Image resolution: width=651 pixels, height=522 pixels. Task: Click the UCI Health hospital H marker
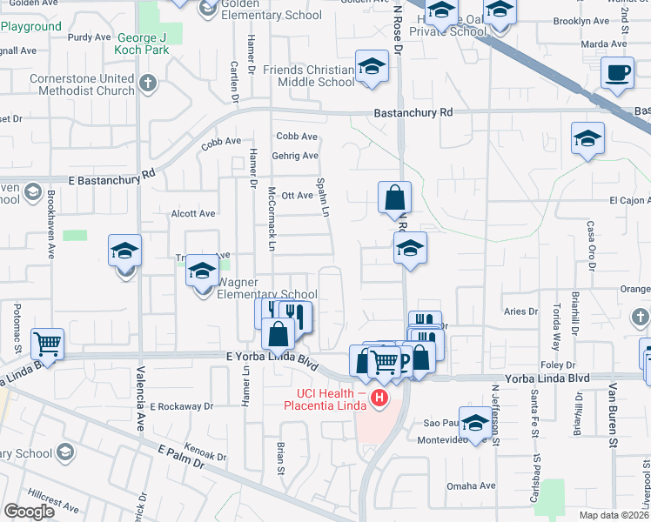click(379, 399)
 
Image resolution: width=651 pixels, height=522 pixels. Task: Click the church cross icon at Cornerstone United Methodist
click(148, 84)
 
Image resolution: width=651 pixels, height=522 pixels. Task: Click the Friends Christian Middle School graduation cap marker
click(372, 67)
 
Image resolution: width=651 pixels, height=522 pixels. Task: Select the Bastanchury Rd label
click(413, 112)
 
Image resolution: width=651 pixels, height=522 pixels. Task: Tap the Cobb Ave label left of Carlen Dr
click(221, 141)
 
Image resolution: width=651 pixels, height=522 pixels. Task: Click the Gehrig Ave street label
click(298, 156)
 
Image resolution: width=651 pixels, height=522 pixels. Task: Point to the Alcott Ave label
click(193, 213)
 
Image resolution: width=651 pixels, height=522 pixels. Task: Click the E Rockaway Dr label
click(181, 406)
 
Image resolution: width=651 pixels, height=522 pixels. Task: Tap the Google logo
click(29, 512)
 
